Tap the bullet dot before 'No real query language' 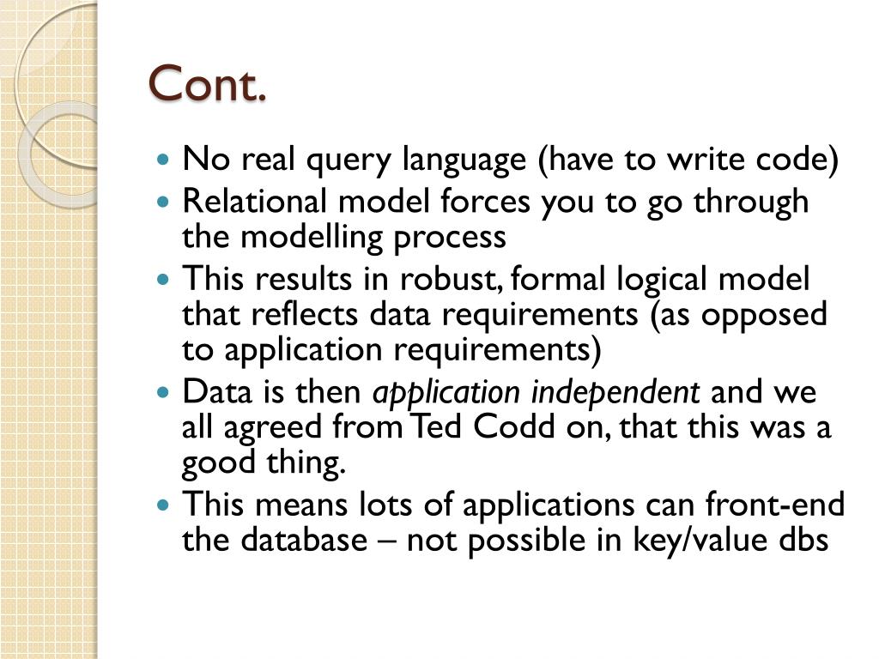click(163, 159)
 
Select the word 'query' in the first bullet click(349, 160)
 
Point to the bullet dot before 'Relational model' click(163, 201)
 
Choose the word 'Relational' click(254, 201)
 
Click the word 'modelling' click(311, 237)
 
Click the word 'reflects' click(304, 314)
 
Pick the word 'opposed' click(764, 316)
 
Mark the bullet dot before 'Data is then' click(163, 391)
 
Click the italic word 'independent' click(615, 393)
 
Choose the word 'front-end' click(775, 504)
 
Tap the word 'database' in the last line click(304, 540)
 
